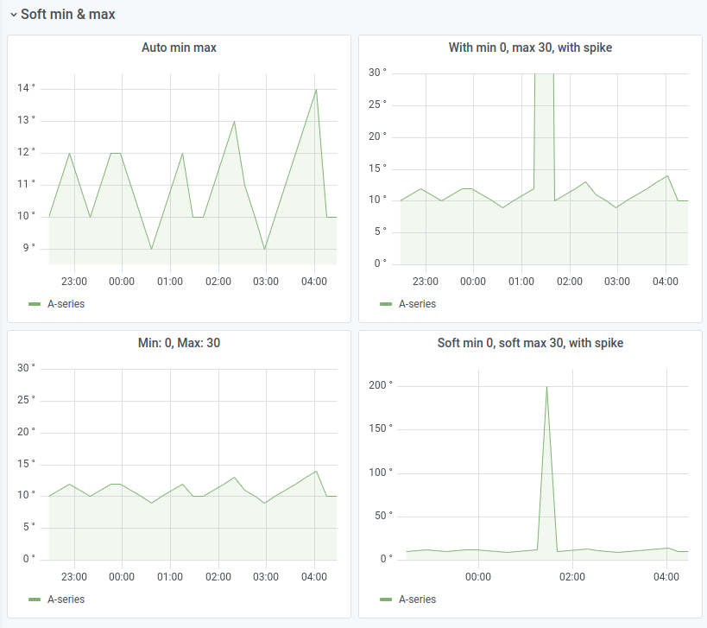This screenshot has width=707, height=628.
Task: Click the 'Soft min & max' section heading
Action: click(x=67, y=15)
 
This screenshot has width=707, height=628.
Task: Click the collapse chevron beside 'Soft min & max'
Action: click(x=13, y=15)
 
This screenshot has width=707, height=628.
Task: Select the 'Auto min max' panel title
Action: click(x=179, y=48)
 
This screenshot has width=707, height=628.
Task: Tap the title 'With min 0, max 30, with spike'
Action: click(x=530, y=48)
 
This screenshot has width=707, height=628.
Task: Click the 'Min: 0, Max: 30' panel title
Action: click(x=179, y=343)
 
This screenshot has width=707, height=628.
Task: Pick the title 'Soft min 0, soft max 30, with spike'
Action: click(x=530, y=343)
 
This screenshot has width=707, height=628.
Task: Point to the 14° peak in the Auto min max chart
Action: click(x=316, y=89)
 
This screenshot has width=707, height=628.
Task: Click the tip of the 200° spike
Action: click(x=546, y=386)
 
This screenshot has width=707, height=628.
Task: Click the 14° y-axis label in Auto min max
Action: click(x=27, y=88)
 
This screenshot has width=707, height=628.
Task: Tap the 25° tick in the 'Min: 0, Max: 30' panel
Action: click(x=27, y=400)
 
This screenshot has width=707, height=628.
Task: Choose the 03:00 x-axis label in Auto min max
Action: click(x=266, y=282)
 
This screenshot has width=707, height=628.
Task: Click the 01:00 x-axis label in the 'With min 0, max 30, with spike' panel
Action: click(x=521, y=282)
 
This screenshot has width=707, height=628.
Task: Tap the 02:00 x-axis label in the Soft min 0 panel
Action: click(x=572, y=577)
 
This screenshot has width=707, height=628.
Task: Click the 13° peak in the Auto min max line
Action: click(x=234, y=121)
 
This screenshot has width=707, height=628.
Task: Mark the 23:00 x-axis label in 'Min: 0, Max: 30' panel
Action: click(x=74, y=577)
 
